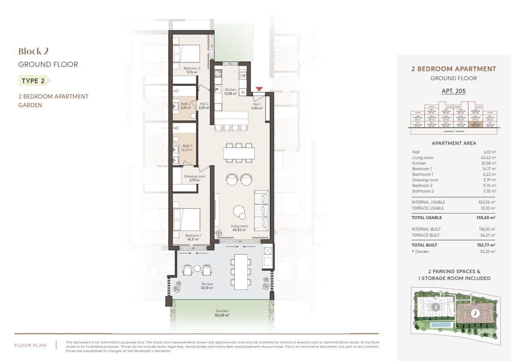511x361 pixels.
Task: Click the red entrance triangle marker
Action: click(259, 89)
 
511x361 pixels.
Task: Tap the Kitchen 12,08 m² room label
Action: click(230, 92)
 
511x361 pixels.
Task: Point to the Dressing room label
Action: click(194, 178)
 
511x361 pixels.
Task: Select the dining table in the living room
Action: click(239, 153)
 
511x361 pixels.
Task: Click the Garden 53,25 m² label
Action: click(222, 313)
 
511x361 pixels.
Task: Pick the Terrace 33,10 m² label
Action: click(206, 286)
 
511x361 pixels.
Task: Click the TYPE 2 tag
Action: click(33, 81)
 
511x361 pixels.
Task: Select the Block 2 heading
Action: click(33, 51)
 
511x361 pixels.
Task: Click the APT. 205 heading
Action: click(454, 91)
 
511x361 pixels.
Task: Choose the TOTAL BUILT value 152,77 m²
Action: click(487, 245)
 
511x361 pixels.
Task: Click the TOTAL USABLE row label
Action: click(426, 218)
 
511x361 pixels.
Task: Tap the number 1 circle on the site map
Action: click(435, 307)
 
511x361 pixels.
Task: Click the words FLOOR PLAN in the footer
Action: click(30, 345)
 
